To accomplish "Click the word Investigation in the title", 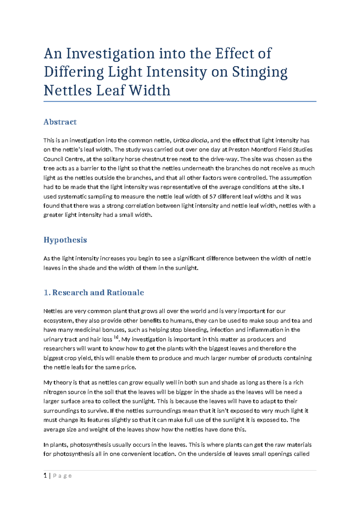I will point(110,54).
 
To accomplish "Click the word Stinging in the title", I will point(259,72).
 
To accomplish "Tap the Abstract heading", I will point(60,122).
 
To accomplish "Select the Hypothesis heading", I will point(65,240).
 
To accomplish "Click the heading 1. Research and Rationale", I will point(94,293).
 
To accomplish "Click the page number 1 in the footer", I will point(45,476).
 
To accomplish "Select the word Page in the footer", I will point(62,476).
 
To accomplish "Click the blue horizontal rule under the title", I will point(180,102).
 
